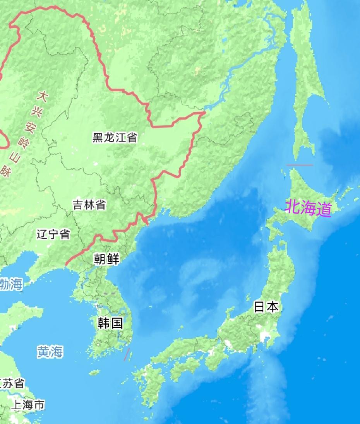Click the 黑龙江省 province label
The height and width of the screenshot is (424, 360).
[x=115, y=137]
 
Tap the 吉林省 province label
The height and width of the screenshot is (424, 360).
[x=89, y=205]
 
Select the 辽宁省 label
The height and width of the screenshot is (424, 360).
[x=53, y=234]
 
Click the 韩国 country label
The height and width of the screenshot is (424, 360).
[x=110, y=323]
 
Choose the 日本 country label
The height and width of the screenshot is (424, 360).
[x=266, y=307]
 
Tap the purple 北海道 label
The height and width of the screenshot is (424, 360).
[x=308, y=209]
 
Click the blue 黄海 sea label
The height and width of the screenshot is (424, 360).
[x=50, y=352]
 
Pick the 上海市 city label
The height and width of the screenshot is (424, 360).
[x=27, y=405]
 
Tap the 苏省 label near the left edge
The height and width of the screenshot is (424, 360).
[x=12, y=383]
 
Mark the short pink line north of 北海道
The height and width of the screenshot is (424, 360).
[x=300, y=165]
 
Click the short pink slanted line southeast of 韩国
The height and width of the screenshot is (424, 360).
[x=127, y=354]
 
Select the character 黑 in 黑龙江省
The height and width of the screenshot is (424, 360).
[x=98, y=137]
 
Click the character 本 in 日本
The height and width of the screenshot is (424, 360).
[x=272, y=307]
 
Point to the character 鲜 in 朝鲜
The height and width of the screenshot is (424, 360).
[x=113, y=259]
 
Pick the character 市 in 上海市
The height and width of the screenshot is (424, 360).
[x=39, y=405]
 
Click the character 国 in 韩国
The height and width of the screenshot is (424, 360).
[x=117, y=323]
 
